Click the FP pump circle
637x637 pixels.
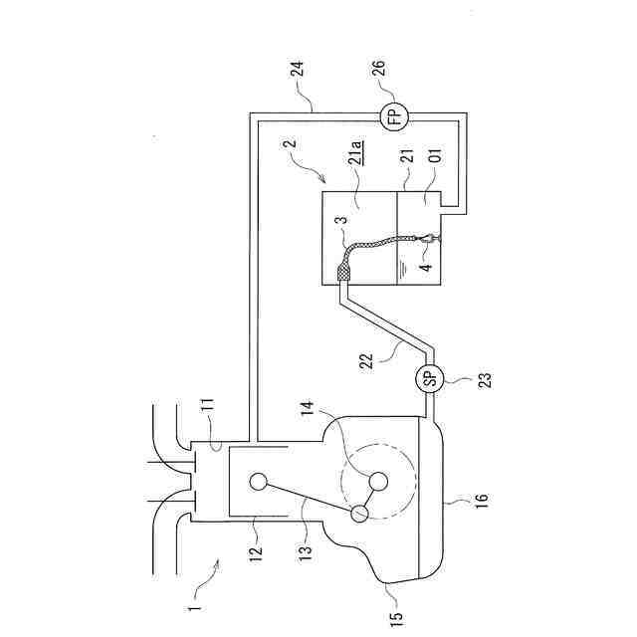point(394,116)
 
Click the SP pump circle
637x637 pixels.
point(430,378)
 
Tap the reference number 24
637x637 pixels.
point(298,69)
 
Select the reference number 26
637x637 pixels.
point(378,69)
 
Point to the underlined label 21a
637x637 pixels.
point(356,153)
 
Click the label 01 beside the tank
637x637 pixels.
point(435,155)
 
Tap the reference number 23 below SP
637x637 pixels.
point(485,380)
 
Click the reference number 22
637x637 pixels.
point(366,361)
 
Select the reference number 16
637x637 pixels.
point(481,500)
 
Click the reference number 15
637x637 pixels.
point(396,619)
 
